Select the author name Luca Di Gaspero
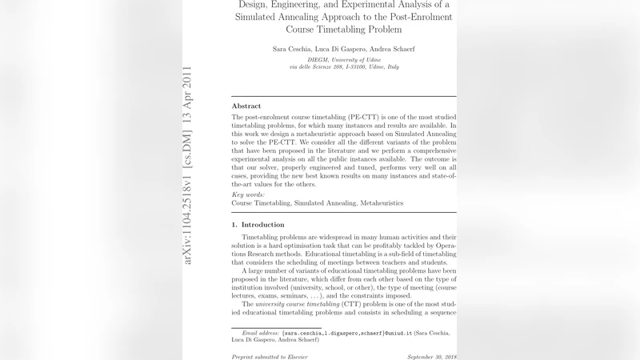click(343, 50)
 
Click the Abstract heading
click(246, 106)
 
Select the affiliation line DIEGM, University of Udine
click(344, 60)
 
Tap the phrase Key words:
click(248, 194)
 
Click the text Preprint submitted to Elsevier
click(270, 356)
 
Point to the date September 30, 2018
click(431, 356)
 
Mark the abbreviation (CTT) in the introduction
click(353, 304)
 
